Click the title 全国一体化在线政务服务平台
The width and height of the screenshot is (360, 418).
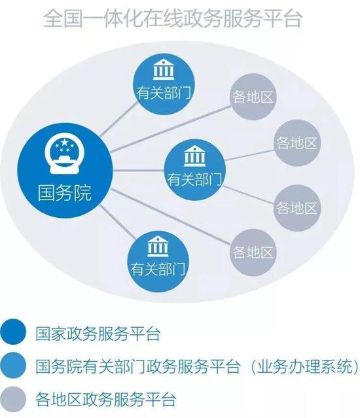pyautogui.click(x=173, y=19)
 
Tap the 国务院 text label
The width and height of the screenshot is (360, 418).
pyautogui.click(x=65, y=192)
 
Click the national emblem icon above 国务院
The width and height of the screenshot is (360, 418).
pyautogui.click(x=64, y=156)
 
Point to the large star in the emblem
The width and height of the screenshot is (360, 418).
pyautogui.click(x=64, y=143)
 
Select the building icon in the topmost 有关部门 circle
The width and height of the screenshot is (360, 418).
pyautogui.click(x=163, y=70)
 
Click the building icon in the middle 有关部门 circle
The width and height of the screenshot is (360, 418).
pyautogui.click(x=194, y=156)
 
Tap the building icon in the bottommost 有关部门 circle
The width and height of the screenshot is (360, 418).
pyautogui.click(x=158, y=247)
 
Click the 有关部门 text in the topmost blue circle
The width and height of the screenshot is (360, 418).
pyautogui.click(x=164, y=94)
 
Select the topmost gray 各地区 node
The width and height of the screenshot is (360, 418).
pyautogui.click(x=253, y=97)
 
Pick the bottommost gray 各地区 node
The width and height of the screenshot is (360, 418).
pyautogui.click(x=253, y=253)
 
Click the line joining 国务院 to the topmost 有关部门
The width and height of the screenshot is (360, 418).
pyautogui.click(x=119, y=120)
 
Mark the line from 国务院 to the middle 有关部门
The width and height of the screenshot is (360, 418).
pyautogui.click(x=138, y=170)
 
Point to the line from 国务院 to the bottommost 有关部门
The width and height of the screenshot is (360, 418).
pyautogui.click(x=117, y=222)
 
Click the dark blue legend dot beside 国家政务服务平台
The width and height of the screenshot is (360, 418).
pyautogui.click(x=13, y=332)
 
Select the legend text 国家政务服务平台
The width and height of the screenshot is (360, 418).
pyautogui.click(x=98, y=333)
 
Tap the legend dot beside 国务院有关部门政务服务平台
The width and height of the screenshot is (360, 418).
pyautogui.click(x=13, y=365)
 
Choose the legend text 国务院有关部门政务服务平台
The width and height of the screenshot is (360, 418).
pyautogui.click(x=137, y=366)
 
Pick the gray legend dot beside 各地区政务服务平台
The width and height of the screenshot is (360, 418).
pyautogui.click(x=13, y=399)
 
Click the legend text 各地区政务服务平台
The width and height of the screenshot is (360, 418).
pyautogui.click(x=105, y=399)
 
